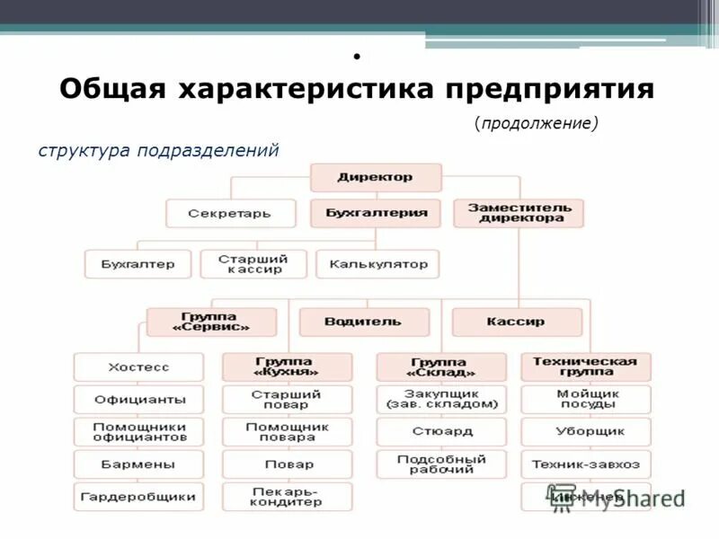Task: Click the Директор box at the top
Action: (x=376, y=177)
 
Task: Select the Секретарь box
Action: (x=230, y=214)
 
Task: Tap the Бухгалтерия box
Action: (x=376, y=214)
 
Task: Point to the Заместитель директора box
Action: (x=519, y=213)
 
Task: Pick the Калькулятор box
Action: (x=377, y=264)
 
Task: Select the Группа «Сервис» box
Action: (x=210, y=322)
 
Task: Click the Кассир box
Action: (x=516, y=322)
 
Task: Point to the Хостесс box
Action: (x=138, y=367)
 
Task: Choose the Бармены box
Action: (x=138, y=464)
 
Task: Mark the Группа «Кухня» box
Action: (x=287, y=367)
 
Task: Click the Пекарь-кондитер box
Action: (x=287, y=497)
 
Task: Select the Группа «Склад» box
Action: (x=441, y=367)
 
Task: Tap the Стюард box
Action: (x=441, y=431)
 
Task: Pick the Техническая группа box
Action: (x=585, y=367)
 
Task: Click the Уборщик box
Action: (x=585, y=431)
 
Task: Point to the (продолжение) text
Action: (x=537, y=123)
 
